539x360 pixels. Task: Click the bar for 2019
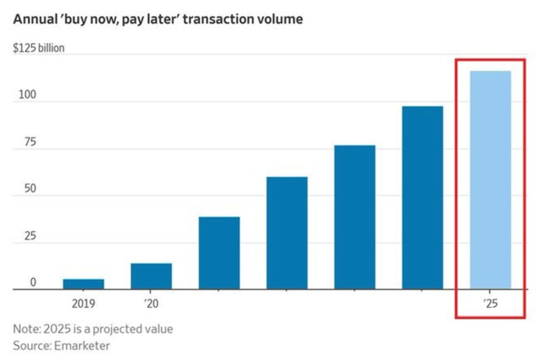(x=83, y=284)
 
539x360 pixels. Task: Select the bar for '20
(x=151, y=276)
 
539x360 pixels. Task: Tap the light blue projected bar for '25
(x=490, y=180)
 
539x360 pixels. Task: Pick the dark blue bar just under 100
(x=422, y=197)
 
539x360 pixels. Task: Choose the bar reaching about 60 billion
(x=287, y=233)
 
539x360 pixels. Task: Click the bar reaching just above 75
(x=354, y=217)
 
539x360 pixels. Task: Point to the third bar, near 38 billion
(x=219, y=253)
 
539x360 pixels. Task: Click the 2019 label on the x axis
(x=83, y=303)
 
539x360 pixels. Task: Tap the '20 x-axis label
(x=151, y=303)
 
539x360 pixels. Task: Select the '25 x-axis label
(x=490, y=303)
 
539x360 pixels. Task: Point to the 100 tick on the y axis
(x=27, y=94)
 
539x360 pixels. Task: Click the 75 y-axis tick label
(x=30, y=142)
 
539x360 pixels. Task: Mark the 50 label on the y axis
(x=30, y=189)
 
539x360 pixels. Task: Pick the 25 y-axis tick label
(x=30, y=235)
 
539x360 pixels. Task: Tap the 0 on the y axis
(x=33, y=282)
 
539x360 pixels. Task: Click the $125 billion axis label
(x=39, y=48)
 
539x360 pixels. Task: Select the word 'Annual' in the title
(x=35, y=19)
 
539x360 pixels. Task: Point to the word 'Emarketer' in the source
(x=82, y=345)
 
